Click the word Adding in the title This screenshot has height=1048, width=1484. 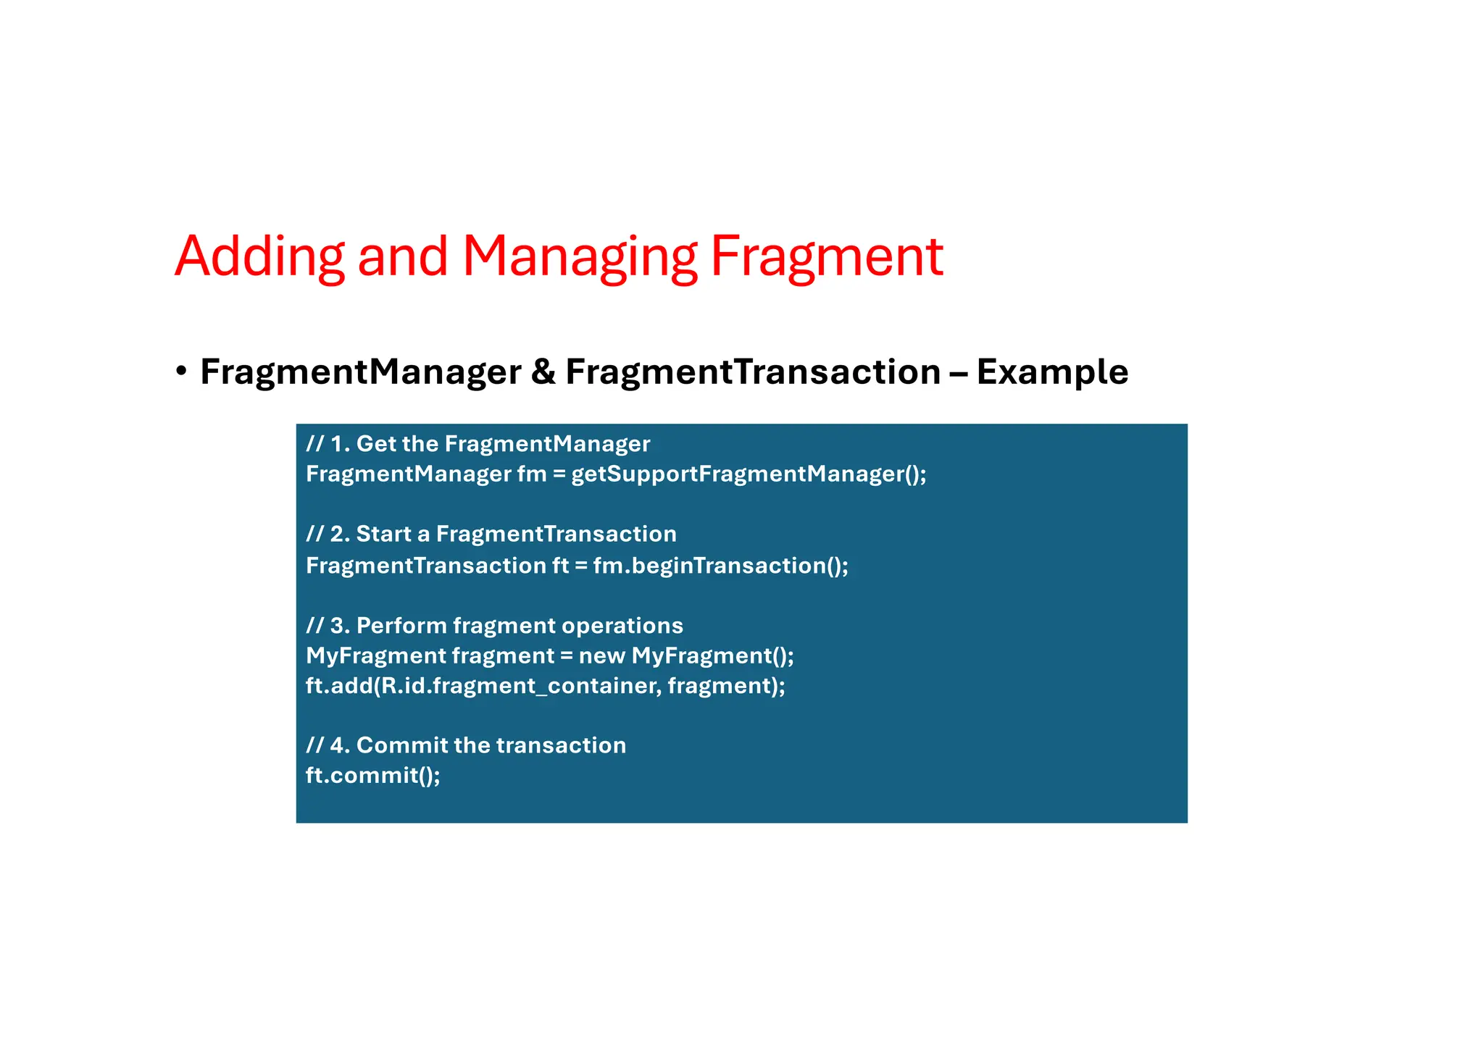coord(259,256)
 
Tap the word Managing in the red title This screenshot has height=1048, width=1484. coord(580,256)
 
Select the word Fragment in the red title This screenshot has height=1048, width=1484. coord(826,256)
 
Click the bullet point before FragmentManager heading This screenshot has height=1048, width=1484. coord(181,372)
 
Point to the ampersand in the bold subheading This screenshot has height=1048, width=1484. coord(543,372)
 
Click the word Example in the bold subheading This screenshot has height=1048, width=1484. coord(1052,372)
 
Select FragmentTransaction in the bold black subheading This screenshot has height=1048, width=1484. coord(752,372)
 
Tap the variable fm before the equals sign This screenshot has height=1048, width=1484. coord(531,474)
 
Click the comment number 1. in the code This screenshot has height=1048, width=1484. coord(340,443)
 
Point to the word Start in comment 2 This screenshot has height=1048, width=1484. coord(383,534)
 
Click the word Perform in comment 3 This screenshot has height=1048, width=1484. coord(401,625)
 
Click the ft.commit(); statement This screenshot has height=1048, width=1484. coord(372,775)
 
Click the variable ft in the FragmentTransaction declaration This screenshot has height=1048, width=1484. coord(560,565)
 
